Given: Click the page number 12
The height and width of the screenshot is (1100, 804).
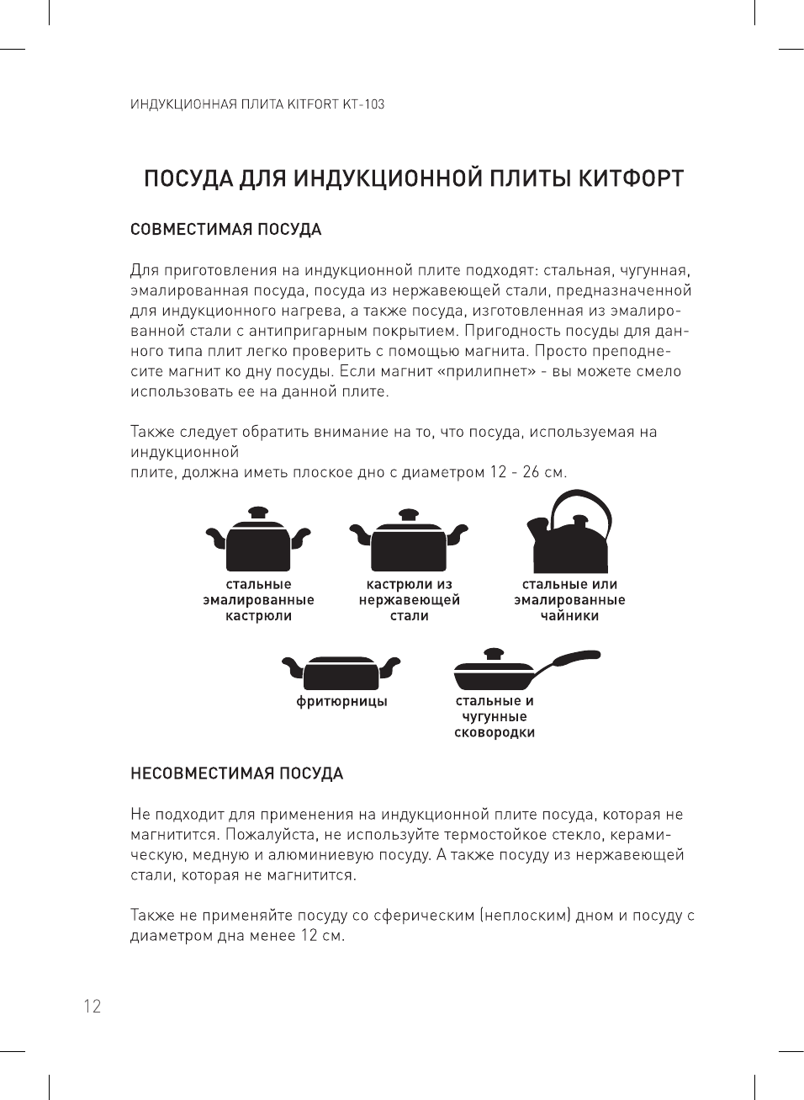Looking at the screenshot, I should coord(92,1006).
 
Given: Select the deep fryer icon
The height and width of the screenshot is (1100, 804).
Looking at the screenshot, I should coord(341,672).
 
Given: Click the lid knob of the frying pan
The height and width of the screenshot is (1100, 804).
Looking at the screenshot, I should coord(494,652).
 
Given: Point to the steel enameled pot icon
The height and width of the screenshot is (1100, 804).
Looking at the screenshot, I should coord(258,542).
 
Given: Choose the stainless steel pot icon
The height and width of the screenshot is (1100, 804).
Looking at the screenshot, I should coord(409,544).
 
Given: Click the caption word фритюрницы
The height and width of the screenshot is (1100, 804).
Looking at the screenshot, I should coord(341,701).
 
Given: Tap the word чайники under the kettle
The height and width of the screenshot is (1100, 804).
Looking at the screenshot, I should coord(569,616).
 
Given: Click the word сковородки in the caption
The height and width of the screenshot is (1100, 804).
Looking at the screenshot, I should coord(495,732).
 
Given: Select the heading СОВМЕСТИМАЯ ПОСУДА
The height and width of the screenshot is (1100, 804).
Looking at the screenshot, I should coord(225,230).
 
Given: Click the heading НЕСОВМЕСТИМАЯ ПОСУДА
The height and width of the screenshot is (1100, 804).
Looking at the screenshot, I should coord(236,773).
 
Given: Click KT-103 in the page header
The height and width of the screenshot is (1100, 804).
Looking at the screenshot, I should coord(363,104).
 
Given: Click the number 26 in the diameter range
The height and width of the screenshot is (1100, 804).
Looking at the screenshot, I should coord(531,472).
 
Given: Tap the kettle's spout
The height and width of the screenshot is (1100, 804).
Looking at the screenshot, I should coord(536,530).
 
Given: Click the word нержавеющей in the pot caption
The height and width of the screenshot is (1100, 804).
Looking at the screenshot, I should coord(409,600).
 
